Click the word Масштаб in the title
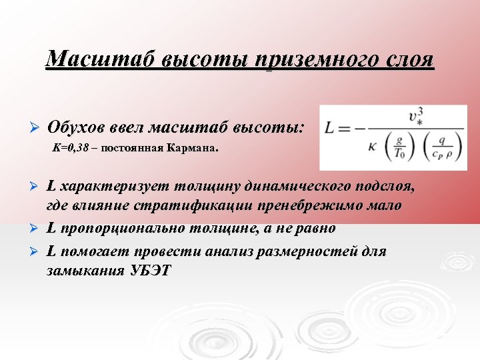pos(89,59)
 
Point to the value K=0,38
pos(71,149)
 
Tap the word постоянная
pos(132,149)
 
